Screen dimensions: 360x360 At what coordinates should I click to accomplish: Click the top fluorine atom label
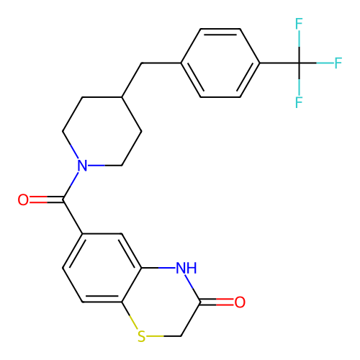(x=299, y=24)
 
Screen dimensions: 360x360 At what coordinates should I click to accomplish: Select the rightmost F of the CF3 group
(x=338, y=63)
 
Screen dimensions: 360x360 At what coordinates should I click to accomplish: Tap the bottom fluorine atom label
(x=299, y=102)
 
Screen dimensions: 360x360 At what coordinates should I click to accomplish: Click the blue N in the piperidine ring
(x=82, y=166)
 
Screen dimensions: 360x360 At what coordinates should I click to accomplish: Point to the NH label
(x=186, y=268)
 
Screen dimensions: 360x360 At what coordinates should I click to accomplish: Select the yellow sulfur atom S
(x=141, y=336)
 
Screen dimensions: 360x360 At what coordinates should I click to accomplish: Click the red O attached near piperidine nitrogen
(x=23, y=199)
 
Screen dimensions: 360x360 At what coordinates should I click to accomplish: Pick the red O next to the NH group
(x=240, y=302)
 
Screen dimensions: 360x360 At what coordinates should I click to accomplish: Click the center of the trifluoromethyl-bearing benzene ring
(x=220, y=63)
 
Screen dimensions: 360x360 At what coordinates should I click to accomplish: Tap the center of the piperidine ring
(x=102, y=131)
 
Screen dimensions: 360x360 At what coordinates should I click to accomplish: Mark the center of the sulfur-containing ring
(x=161, y=302)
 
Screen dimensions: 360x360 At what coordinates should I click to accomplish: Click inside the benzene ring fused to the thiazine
(x=102, y=268)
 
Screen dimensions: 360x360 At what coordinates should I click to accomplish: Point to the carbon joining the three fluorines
(x=299, y=63)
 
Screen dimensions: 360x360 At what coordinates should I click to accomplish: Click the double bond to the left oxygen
(x=46, y=199)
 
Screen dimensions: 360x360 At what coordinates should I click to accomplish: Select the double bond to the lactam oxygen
(x=217, y=302)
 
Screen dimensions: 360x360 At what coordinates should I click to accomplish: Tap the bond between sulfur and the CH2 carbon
(x=163, y=336)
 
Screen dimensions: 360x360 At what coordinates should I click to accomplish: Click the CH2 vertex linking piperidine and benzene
(x=142, y=63)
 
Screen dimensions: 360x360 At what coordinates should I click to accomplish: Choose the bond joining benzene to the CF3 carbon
(x=279, y=63)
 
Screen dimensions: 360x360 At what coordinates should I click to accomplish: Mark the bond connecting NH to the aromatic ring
(x=158, y=268)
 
